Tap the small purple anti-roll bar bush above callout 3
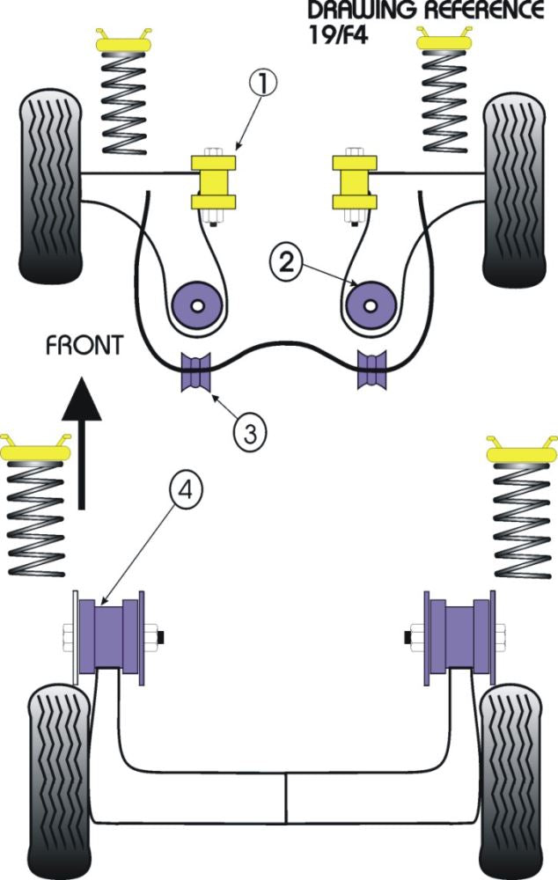196,372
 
